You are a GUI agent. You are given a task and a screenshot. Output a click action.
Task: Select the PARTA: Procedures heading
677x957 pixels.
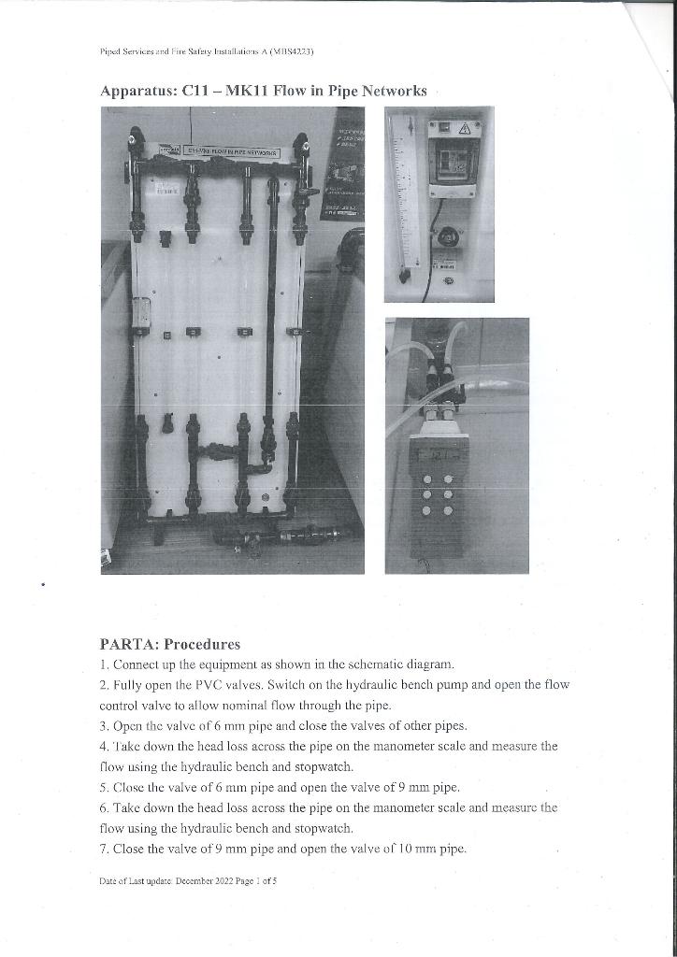pos(169,644)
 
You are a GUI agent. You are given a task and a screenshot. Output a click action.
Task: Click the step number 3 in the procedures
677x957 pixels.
pos(103,725)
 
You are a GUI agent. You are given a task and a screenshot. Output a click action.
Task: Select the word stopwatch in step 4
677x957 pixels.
pos(326,766)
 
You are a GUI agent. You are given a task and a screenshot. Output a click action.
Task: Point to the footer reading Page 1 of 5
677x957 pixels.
pos(255,880)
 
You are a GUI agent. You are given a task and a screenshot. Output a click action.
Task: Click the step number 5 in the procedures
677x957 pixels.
pos(103,787)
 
